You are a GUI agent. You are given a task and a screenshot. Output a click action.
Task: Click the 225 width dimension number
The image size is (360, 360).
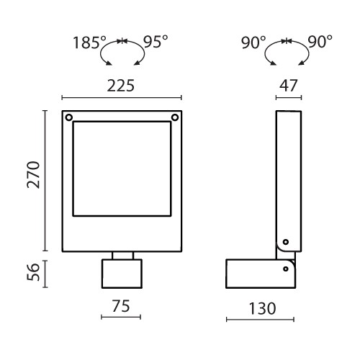tap(120, 86)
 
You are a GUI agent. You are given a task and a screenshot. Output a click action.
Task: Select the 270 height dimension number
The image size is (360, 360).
tap(33, 175)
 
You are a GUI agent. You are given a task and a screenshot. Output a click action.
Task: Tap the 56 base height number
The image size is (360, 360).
tap(33, 272)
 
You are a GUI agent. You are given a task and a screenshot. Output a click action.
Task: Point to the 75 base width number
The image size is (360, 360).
tap(121, 306)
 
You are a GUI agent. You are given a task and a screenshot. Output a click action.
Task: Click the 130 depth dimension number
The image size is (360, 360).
tap(262, 308)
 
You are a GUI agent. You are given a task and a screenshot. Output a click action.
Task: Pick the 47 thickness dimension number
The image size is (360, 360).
tap(288, 86)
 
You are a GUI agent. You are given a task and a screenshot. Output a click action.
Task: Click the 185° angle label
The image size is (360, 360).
tap(89, 42)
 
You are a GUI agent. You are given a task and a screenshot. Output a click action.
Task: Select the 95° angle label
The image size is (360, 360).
tap(156, 42)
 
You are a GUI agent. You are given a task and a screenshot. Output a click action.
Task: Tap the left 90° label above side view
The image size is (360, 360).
tap(253, 42)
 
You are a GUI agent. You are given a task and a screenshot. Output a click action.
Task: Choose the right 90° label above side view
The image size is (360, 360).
tap(320, 42)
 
